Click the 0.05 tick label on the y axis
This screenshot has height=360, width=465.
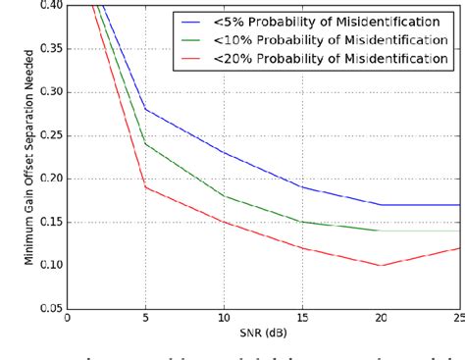(49, 308)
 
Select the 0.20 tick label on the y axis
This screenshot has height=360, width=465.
(49, 179)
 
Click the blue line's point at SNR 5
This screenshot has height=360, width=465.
(145, 109)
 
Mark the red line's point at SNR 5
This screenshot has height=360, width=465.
(145, 186)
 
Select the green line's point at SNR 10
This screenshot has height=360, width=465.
(224, 195)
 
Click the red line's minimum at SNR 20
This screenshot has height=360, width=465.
(381, 265)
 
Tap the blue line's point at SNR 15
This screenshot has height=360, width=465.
(302, 186)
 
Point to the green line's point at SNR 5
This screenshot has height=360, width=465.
(145, 143)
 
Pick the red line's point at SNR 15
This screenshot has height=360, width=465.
(302, 247)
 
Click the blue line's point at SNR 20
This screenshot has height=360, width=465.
(381, 204)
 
